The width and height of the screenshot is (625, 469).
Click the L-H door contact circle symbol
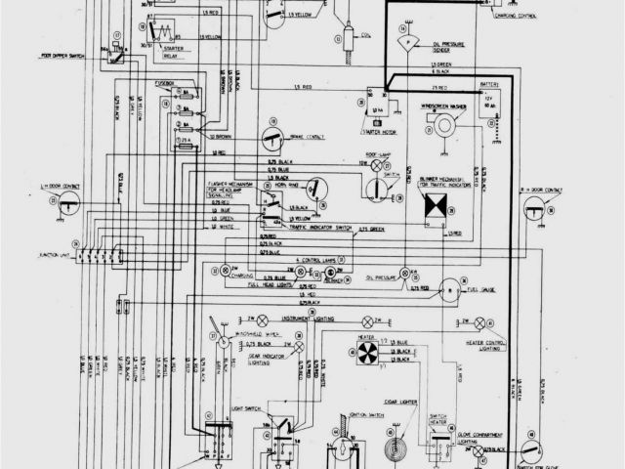(x=67, y=202)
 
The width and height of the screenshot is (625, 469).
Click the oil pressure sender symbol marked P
(x=404, y=43)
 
